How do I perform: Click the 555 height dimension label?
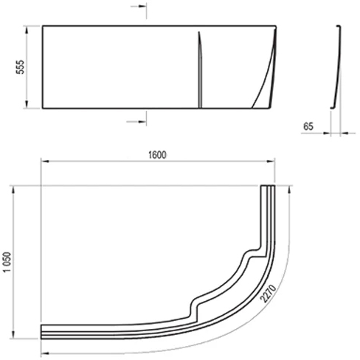tap(20, 66)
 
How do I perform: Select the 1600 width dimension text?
tap(157, 155)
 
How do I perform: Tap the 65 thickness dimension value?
tap(308, 126)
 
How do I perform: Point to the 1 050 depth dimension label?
tap(7, 262)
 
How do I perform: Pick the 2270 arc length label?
tap(269, 294)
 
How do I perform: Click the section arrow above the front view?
tap(139, 7)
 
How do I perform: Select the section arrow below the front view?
tap(136, 122)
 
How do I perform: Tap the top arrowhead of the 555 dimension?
tap(27, 30)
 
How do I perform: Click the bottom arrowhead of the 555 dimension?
tap(27, 104)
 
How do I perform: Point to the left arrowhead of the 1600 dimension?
tap(45, 162)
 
